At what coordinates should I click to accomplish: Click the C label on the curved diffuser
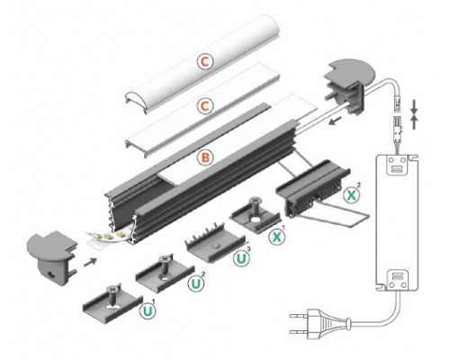(x=204, y=61)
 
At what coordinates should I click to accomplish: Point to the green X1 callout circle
(x=277, y=237)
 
